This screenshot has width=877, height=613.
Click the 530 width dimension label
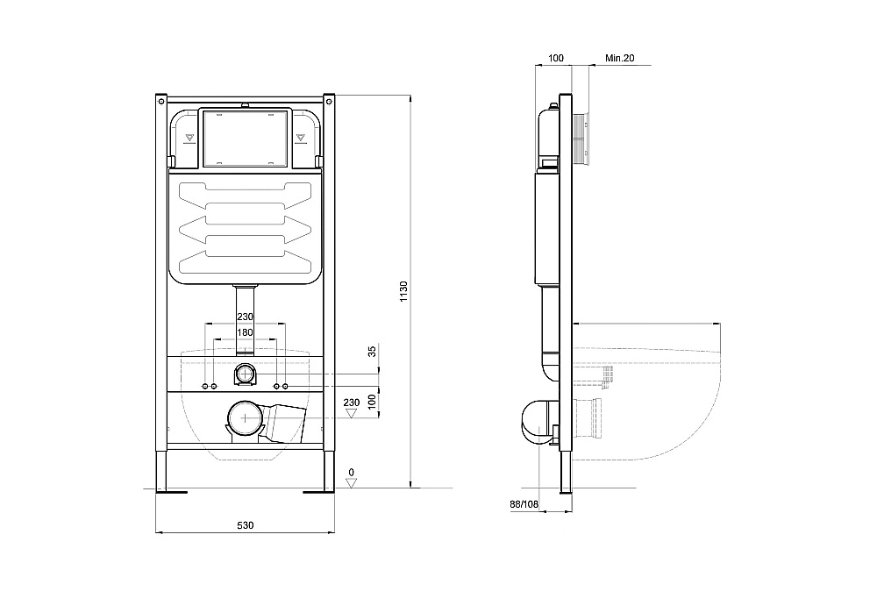pos(245,524)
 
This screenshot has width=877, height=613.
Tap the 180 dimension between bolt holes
pos(245,332)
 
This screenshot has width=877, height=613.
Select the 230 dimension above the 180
pos(245,317)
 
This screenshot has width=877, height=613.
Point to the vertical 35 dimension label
pos(372,352)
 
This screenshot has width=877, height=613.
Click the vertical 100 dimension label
pos(372,400)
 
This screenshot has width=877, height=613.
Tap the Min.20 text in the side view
pos(619,58)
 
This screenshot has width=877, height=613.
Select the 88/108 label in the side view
pos(524,503)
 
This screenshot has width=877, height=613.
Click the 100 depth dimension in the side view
pos(555,58)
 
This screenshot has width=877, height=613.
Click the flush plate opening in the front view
pos(245,138)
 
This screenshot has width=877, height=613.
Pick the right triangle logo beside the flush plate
pos(300,137)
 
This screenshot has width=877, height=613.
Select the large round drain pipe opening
pos(245,419)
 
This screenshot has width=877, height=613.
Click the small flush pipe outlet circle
pos(245,375)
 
